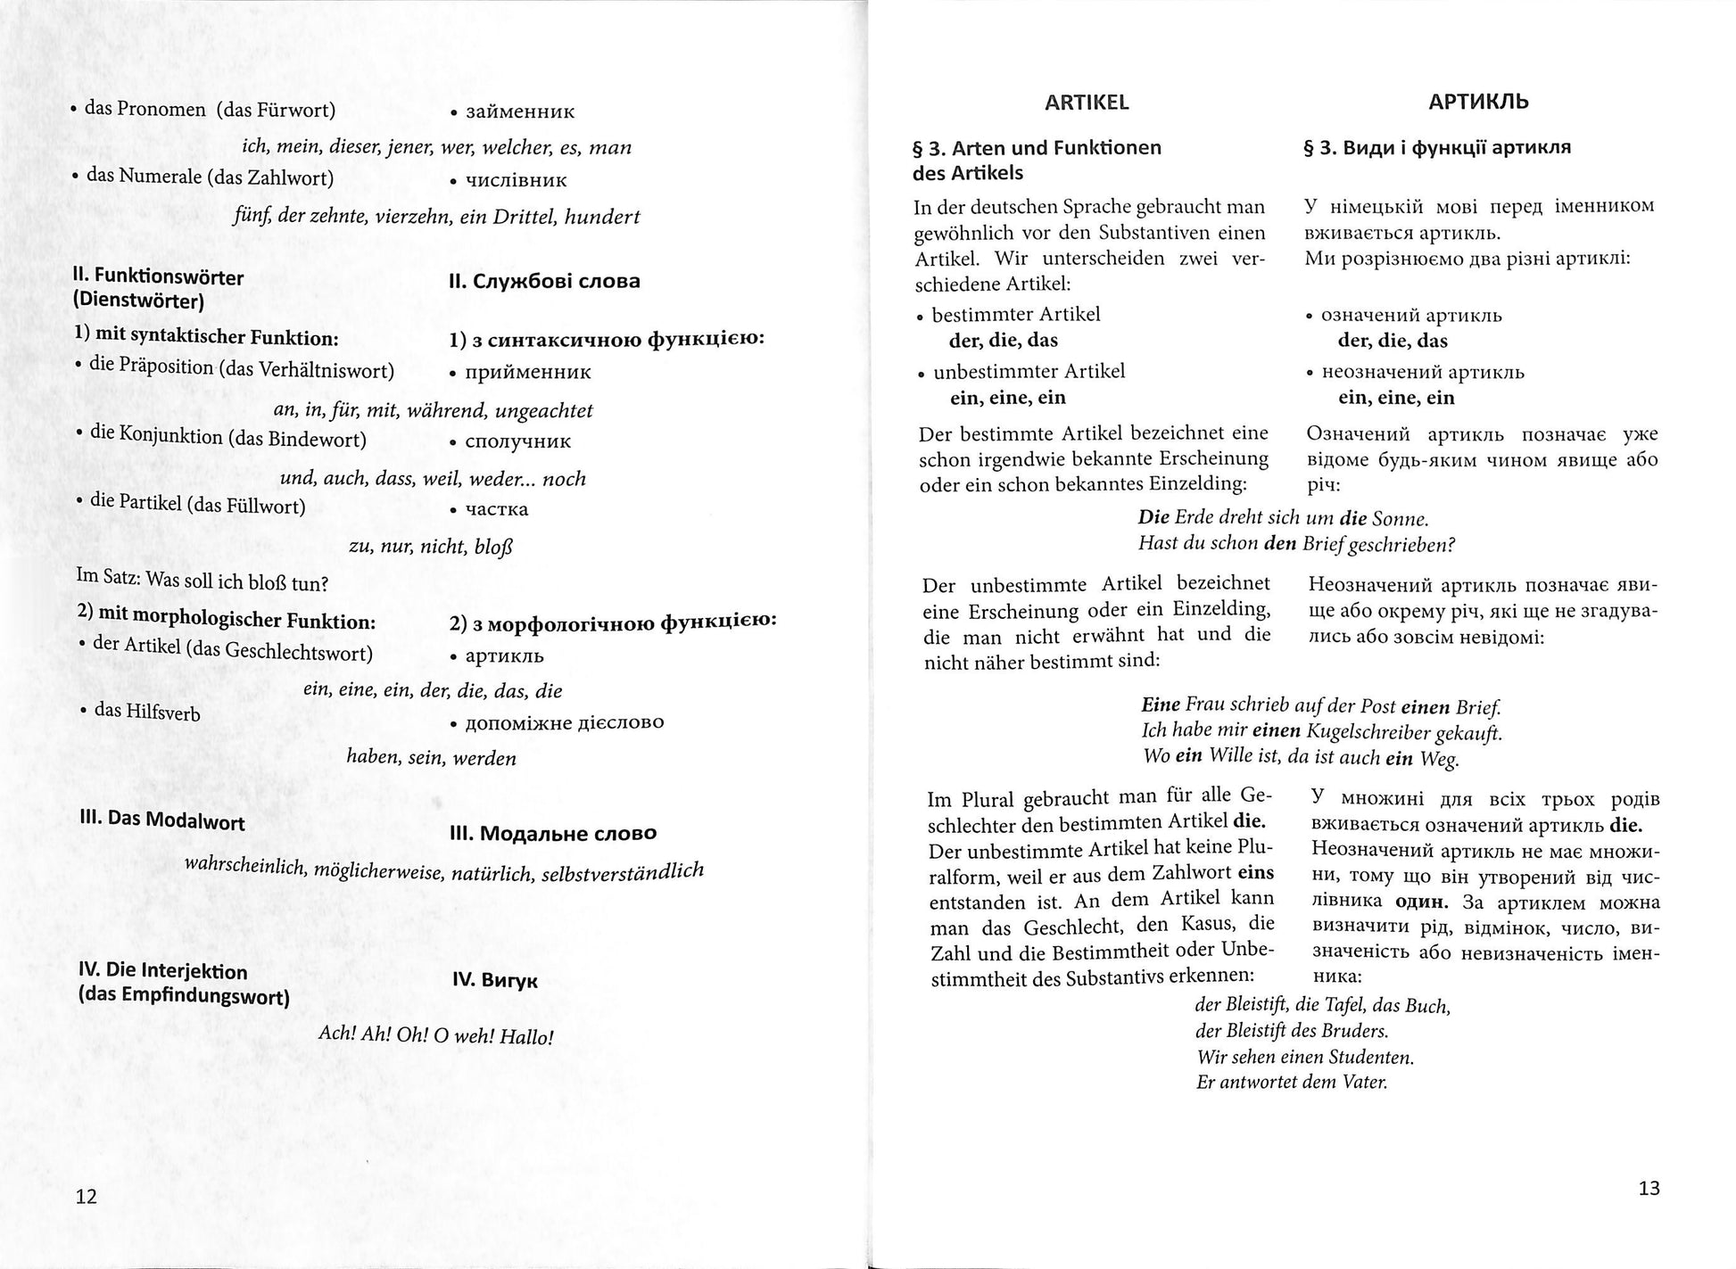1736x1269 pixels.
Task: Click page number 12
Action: [86, 1197]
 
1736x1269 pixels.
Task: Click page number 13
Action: [1649, 1188]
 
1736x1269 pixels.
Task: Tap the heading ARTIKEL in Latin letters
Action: [1086, 103]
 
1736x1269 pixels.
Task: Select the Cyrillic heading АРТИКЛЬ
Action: [1477, 102]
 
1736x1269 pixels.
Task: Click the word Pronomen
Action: [161, 110]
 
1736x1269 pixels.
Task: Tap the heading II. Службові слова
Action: [544, 282]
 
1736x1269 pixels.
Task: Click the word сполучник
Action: [517, 441]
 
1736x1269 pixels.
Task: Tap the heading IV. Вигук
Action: [494, 981]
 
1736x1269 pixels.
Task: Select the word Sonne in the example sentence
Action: [1402, 519]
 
